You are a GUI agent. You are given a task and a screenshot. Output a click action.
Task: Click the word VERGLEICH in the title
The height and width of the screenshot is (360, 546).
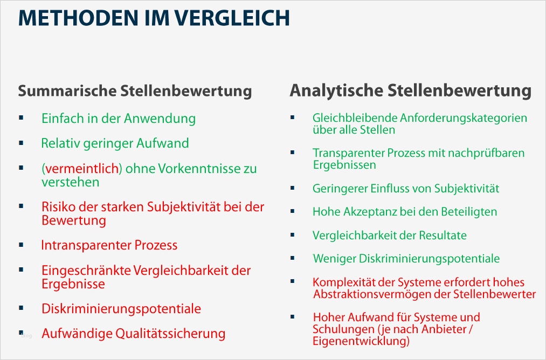tap(233, 18)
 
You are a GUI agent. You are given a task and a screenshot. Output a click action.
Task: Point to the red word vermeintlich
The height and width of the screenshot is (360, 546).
tap(81, 169)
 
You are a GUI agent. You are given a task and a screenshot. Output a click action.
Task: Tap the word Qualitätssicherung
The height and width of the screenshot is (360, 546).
tap(171, 333)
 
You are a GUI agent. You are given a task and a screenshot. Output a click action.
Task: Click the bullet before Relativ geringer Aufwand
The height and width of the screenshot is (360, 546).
tap(21, 143)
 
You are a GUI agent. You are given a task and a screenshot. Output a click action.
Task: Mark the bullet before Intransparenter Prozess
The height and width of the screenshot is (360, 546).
tap(21, 245)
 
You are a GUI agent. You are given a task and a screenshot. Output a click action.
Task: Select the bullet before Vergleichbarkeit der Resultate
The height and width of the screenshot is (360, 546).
tap(292, 235)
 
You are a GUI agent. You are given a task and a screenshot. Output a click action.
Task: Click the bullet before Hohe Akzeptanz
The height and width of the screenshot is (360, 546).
tap(292, 211)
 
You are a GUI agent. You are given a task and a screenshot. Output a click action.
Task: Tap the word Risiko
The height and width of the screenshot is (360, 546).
tap(58, 207)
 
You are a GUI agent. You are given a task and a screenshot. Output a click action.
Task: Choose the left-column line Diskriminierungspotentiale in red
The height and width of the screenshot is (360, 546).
tap(121, 309)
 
